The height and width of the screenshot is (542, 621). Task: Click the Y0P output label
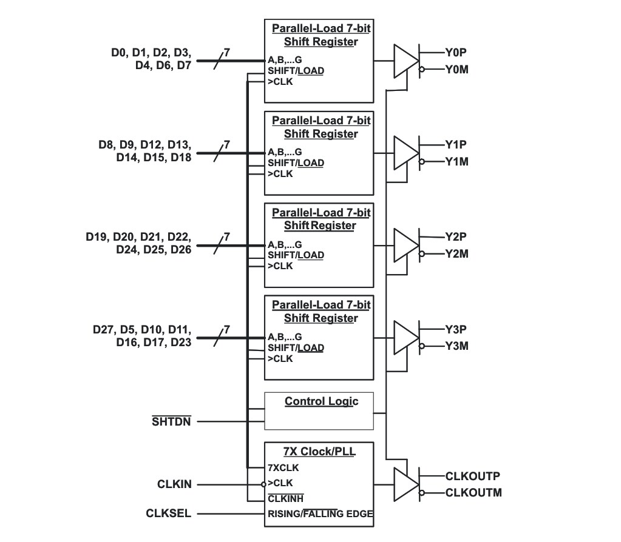tap(456, 52)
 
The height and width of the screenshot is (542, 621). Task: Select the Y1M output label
tap(456, 162)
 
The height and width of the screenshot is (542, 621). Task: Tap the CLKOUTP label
tap(473, 476)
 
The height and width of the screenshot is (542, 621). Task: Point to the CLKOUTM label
tap(473, 492)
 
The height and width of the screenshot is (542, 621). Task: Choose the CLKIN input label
tap(174, 484)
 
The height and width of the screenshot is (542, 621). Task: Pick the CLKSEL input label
tap(168, 514)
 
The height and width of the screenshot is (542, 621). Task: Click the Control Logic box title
tap(321, 401)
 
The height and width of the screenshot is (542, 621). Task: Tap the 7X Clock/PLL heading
tap(319, 452)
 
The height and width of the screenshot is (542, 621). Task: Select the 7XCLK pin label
tap(283, 467)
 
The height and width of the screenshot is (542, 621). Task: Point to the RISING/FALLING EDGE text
tap(320, 514)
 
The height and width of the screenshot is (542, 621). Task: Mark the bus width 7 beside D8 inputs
tap(226, 144)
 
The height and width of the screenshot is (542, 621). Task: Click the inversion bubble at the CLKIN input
tap(263, 484)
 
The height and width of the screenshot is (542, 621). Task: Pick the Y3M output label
tap(456, 346)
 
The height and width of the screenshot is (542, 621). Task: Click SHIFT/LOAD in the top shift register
tap(296, 71)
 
